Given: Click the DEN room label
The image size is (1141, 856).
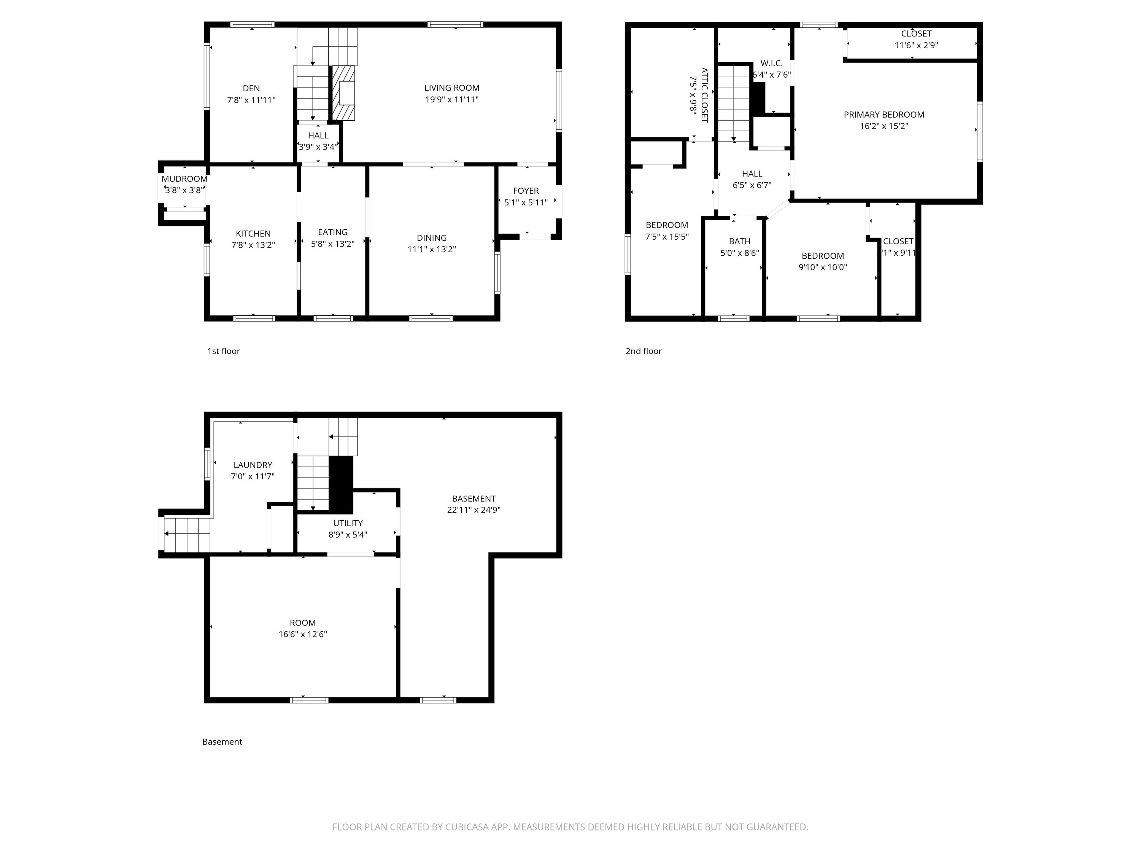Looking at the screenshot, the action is tap(251, 88).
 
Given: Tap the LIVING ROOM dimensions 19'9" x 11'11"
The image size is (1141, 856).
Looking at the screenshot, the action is tap(452, 100).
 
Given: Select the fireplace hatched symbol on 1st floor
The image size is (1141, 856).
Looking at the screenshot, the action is tap(343, 93).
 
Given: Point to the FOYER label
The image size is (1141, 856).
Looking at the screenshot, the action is tap(526, 191).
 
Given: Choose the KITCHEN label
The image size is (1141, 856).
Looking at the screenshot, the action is tap(253, 234).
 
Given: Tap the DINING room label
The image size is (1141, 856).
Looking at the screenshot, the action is tap(432, 238).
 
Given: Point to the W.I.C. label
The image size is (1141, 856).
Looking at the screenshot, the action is tap(772, 63).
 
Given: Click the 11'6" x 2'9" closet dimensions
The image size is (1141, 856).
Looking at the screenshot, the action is tap(916, 45).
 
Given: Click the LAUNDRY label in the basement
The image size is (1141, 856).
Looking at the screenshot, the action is tap(253, 465).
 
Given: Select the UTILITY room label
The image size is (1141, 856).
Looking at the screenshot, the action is tap(348, 523).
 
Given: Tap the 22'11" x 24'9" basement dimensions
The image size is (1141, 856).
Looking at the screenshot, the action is tap(474, 510).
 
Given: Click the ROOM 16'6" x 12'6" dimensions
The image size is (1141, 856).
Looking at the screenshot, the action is tap(303, 635).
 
